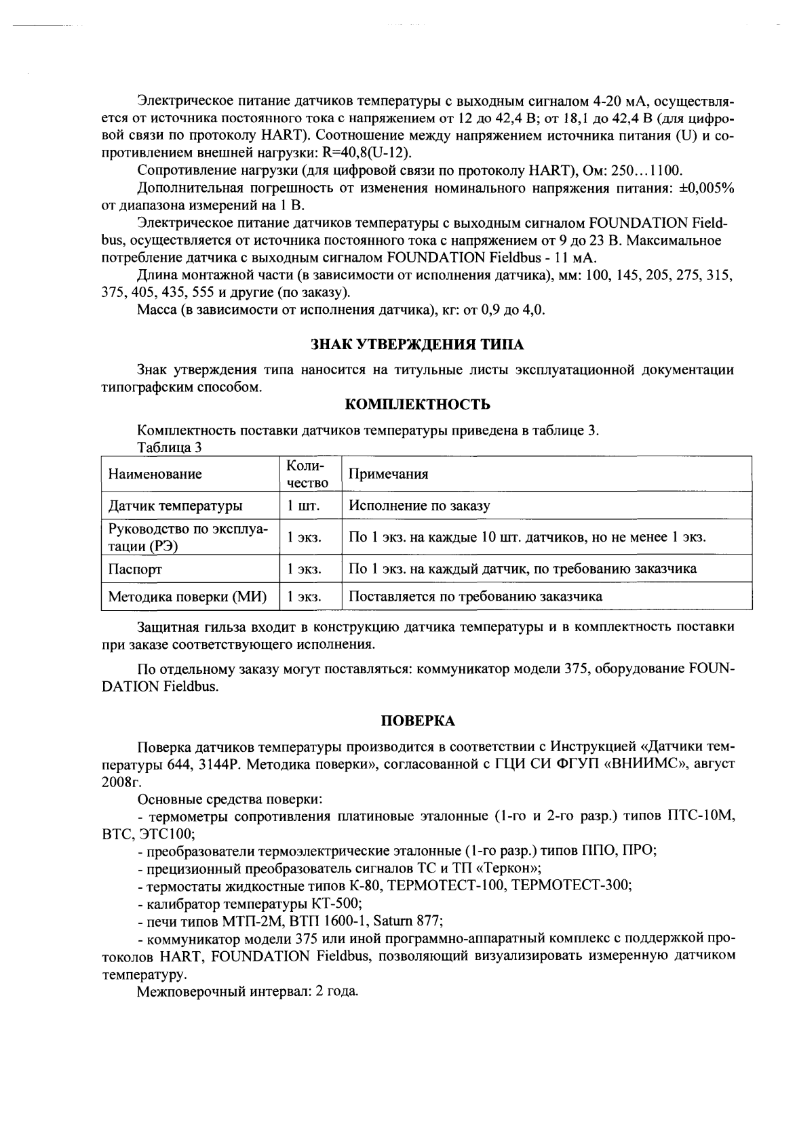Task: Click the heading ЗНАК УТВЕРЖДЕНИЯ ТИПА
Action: [417, 344]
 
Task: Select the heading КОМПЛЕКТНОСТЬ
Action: [417, 405]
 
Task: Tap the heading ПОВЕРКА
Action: [417, 719]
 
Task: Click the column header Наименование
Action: [155, 474]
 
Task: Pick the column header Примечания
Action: [388, 474]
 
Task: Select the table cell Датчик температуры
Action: [175, 506]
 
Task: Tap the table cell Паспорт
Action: [135, 568]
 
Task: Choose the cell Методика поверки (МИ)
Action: [187, 597]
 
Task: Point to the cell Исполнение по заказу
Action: [419, 506]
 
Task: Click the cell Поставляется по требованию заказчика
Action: [475, 597]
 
